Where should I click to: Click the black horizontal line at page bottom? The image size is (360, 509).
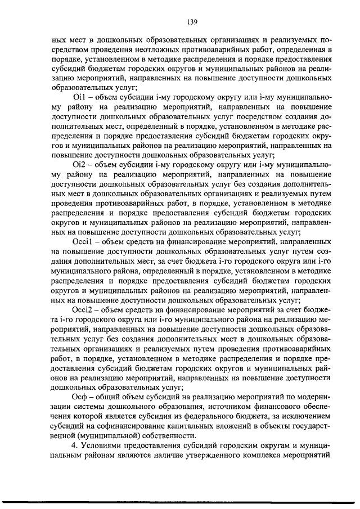coord(180,501)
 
